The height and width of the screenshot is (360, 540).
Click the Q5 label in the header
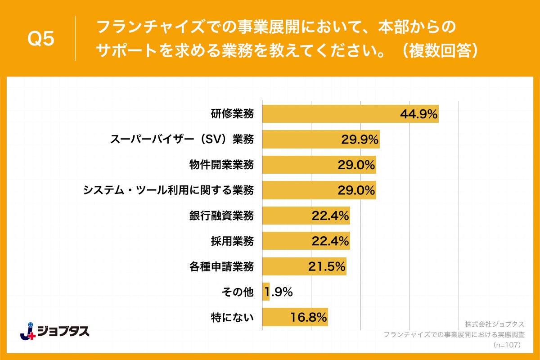pyautogui.click(x=41, y=39)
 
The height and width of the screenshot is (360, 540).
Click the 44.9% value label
pyautogui.click(x=418, y=114)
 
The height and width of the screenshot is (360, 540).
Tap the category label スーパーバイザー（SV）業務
pyautogui.click(x=182, y=139)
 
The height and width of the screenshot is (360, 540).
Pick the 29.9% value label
pyautogui.click(x=360, y=140)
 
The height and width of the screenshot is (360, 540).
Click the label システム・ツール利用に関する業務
pyautogui.click(x=168, y=190)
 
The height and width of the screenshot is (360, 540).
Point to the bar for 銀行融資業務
pyautogui.click(x=288, y=216)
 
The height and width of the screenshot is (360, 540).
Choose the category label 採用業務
pyautogui.click(x=232, y=241)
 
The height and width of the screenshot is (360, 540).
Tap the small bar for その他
pyautogui.click(x=265, y=292)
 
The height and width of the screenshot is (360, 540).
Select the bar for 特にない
pyautogui.click(x=279, y=317)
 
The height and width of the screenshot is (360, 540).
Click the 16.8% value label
pyautogui.click(x=308, y=318)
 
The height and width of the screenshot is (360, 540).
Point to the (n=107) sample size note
pyautogui.click(x=507, y=345)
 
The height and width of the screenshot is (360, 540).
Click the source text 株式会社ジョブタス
pyautogui.click(x=494, y=324)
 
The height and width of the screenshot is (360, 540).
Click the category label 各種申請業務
pyautogui.click(x=221, y=267)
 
